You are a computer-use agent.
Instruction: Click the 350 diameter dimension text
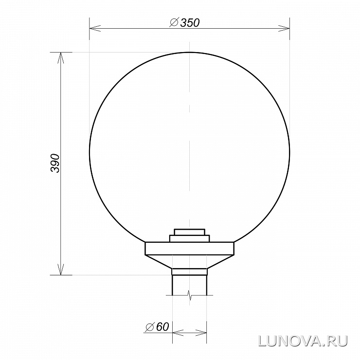(190, 23)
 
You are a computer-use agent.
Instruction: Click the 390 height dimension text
(55, 163)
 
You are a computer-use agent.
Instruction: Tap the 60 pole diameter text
(162, 326)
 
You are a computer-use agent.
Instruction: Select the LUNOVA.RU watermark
(303, 341)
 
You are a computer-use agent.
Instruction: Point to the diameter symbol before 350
(174, 22)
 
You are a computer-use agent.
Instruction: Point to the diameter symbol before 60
(149, 327)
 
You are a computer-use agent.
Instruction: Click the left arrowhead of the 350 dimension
(95, 29)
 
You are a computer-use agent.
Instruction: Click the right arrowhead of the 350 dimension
(284, 29)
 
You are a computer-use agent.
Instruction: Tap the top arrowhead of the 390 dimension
(61, 58)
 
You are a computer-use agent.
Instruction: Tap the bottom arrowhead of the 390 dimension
(61, 270)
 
